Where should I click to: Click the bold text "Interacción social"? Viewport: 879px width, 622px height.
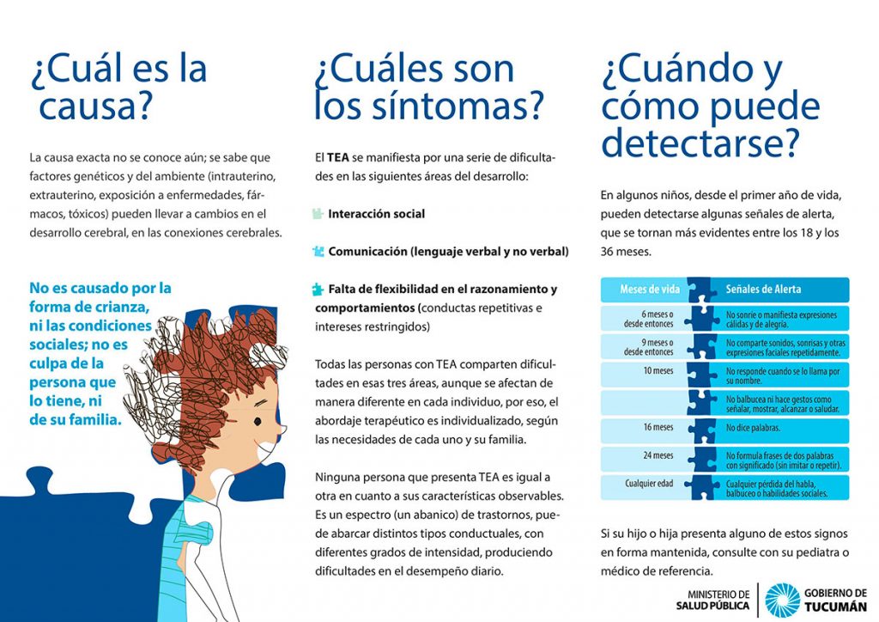pos(376,214)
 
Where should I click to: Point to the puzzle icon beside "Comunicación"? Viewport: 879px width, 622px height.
pos(318,252)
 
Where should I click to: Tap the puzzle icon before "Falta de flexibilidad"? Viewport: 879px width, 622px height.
pos(318,290)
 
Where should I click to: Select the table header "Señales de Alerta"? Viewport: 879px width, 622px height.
pos(763,290)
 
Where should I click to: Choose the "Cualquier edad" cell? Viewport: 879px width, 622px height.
pos(649,484)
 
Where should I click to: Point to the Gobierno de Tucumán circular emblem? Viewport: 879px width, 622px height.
pos(782,600)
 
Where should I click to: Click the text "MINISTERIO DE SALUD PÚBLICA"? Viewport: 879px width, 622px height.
pos(712,600)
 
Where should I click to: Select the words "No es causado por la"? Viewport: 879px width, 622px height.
pos(100,288)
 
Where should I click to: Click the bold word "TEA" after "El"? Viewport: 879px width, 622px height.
pos(337,159)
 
